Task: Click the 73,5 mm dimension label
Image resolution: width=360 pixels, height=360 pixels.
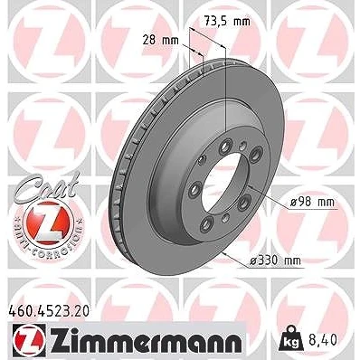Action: (x=227, y=22)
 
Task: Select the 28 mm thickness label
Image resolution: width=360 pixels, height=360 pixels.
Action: (x=161, y=40)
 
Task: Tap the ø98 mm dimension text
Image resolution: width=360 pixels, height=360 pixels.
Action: (x=312, y=202)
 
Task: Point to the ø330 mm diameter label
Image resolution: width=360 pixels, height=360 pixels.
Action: (x=275, y=261)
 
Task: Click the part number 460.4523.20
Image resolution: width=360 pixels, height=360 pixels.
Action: (x=48, y=311)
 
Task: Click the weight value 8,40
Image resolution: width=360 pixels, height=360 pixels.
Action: (x=322, y=340)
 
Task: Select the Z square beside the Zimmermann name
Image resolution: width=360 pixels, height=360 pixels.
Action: (x=29, y=339)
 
